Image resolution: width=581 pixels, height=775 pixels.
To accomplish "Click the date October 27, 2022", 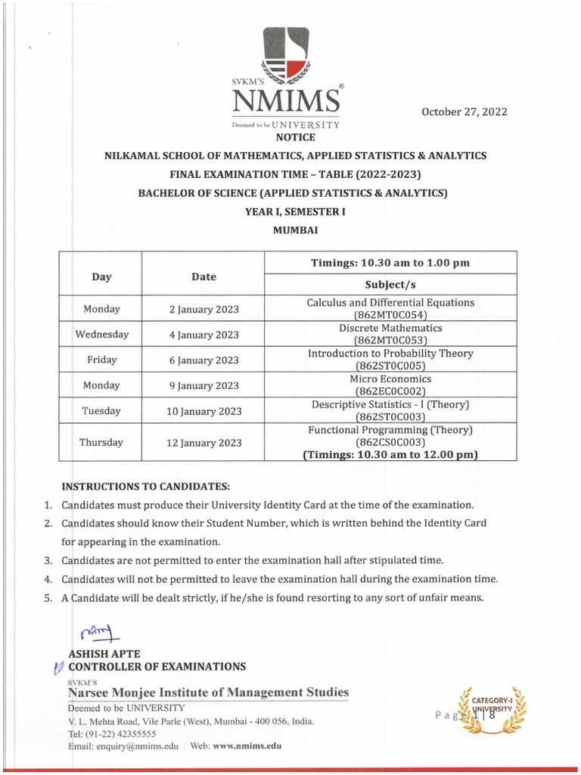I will tap(464, 112).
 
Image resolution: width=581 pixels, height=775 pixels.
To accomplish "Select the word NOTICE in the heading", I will tap(295, 137).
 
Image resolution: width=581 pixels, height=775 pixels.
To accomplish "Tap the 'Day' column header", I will tap(101, 277).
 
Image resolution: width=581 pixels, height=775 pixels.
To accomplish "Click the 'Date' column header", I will tap(204, 277).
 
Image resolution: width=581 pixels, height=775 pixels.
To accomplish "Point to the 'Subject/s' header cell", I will tap(390, 284).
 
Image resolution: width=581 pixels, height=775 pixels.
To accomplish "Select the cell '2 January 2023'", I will tap(204, 309).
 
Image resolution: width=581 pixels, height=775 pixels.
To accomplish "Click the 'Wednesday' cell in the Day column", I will tap(101, 335).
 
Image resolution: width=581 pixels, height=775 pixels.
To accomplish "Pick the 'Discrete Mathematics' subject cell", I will tap(390, 328).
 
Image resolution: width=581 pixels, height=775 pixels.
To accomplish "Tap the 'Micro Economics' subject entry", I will tap(390, 379).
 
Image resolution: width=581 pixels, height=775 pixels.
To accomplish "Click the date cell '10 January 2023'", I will tap(204, 411).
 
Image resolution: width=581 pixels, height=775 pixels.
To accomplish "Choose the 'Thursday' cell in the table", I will tap(101, 443).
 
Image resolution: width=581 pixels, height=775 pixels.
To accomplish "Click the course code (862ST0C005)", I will tap(390, 366).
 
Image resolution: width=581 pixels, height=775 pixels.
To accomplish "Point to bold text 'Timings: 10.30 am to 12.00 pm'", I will tap(390, 455).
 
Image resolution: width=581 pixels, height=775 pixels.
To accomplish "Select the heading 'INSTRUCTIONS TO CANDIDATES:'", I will tap(145, 485).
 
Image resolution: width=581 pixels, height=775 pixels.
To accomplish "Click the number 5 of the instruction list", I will tap(47, 598).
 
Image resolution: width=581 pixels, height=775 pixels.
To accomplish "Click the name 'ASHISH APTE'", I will tap(104, 653).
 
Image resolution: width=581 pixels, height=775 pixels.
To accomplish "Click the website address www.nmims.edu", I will tap(247, 745).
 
